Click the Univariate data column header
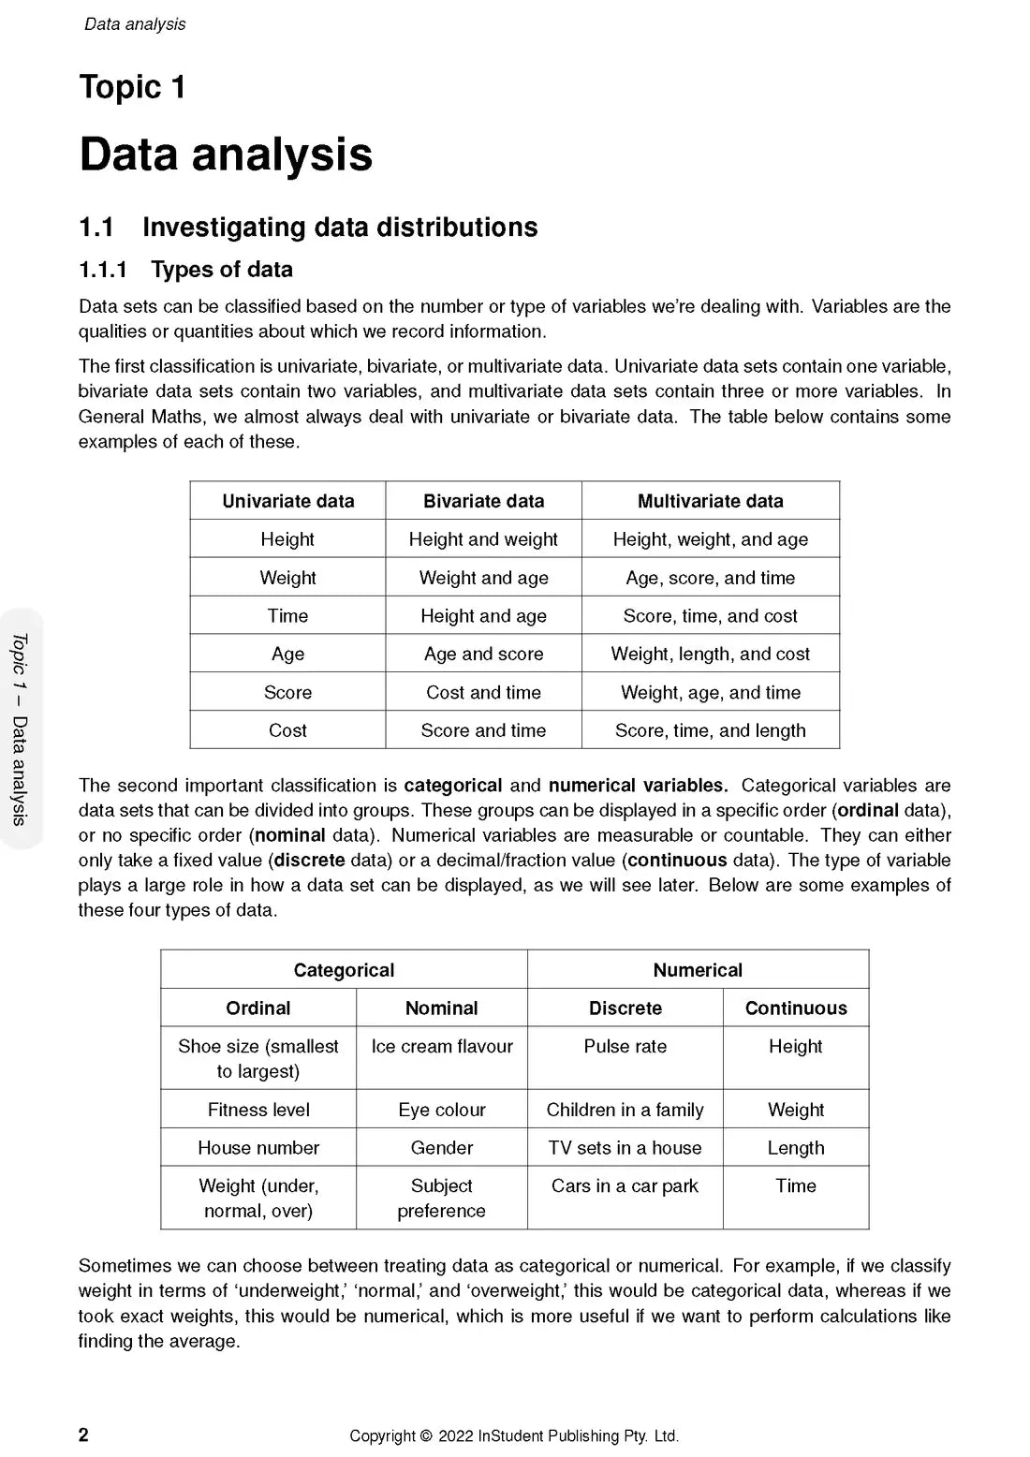tap(287, 501)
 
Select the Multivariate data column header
tap(710, 501)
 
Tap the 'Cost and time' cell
tap(483, 692)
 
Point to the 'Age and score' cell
tap(483, 654)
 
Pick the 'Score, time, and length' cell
tap(710, 730)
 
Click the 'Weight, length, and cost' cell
tap(710, 654)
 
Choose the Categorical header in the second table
tap(344, 970)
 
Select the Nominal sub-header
tap(441, 1008)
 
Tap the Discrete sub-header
tap(625, 1008)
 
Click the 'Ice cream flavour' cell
tap(441, 1047)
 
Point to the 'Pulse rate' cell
tap(625, 1047)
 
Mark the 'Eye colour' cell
tap(441, 1110)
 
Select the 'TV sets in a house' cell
tap(625, 1148)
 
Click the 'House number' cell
tap(258, 1148)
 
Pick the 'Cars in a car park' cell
tap(625, 1186)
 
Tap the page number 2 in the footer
tap(83, 1435)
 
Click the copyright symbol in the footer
tap(426, 1436)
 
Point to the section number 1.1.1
tap(102, 270)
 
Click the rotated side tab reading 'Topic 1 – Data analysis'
tap(20, 729)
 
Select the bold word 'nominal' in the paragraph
tap(290, 835)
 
